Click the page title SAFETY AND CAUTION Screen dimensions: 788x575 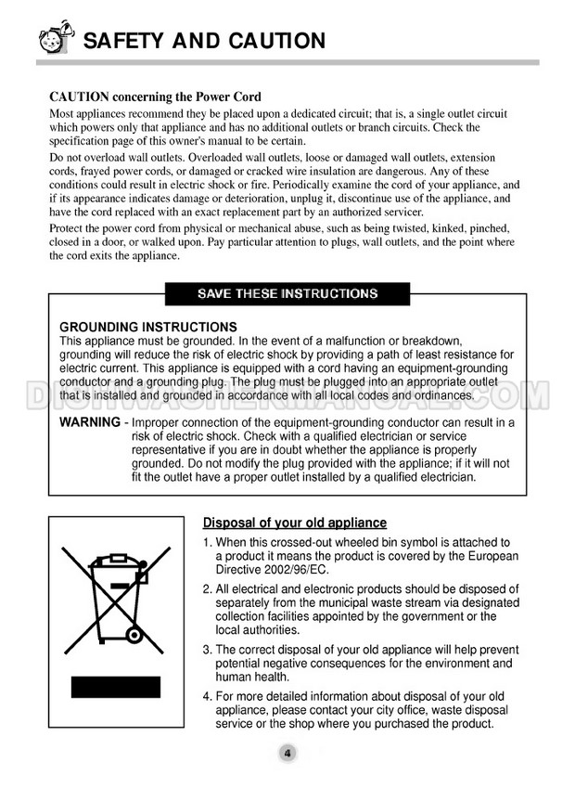click(x=204, y=41)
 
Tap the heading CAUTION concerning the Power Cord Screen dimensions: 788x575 click(x=155, y=97)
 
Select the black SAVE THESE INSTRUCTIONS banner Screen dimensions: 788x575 click(x=287, y=293)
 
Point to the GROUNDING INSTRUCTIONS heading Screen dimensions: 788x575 click(x=148, y=327)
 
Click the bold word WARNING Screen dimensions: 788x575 click(x=89, y=422)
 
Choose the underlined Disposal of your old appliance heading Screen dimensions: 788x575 click(x=294, y=523)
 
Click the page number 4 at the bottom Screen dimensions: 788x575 click(x=287, y=753)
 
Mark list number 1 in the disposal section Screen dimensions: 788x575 click(x=207, y=542)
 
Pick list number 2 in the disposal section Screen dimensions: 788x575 click(x=207, y=589)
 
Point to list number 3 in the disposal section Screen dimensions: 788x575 click(x=207, y=649)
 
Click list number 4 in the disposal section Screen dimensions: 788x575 click(x=207, y=696)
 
